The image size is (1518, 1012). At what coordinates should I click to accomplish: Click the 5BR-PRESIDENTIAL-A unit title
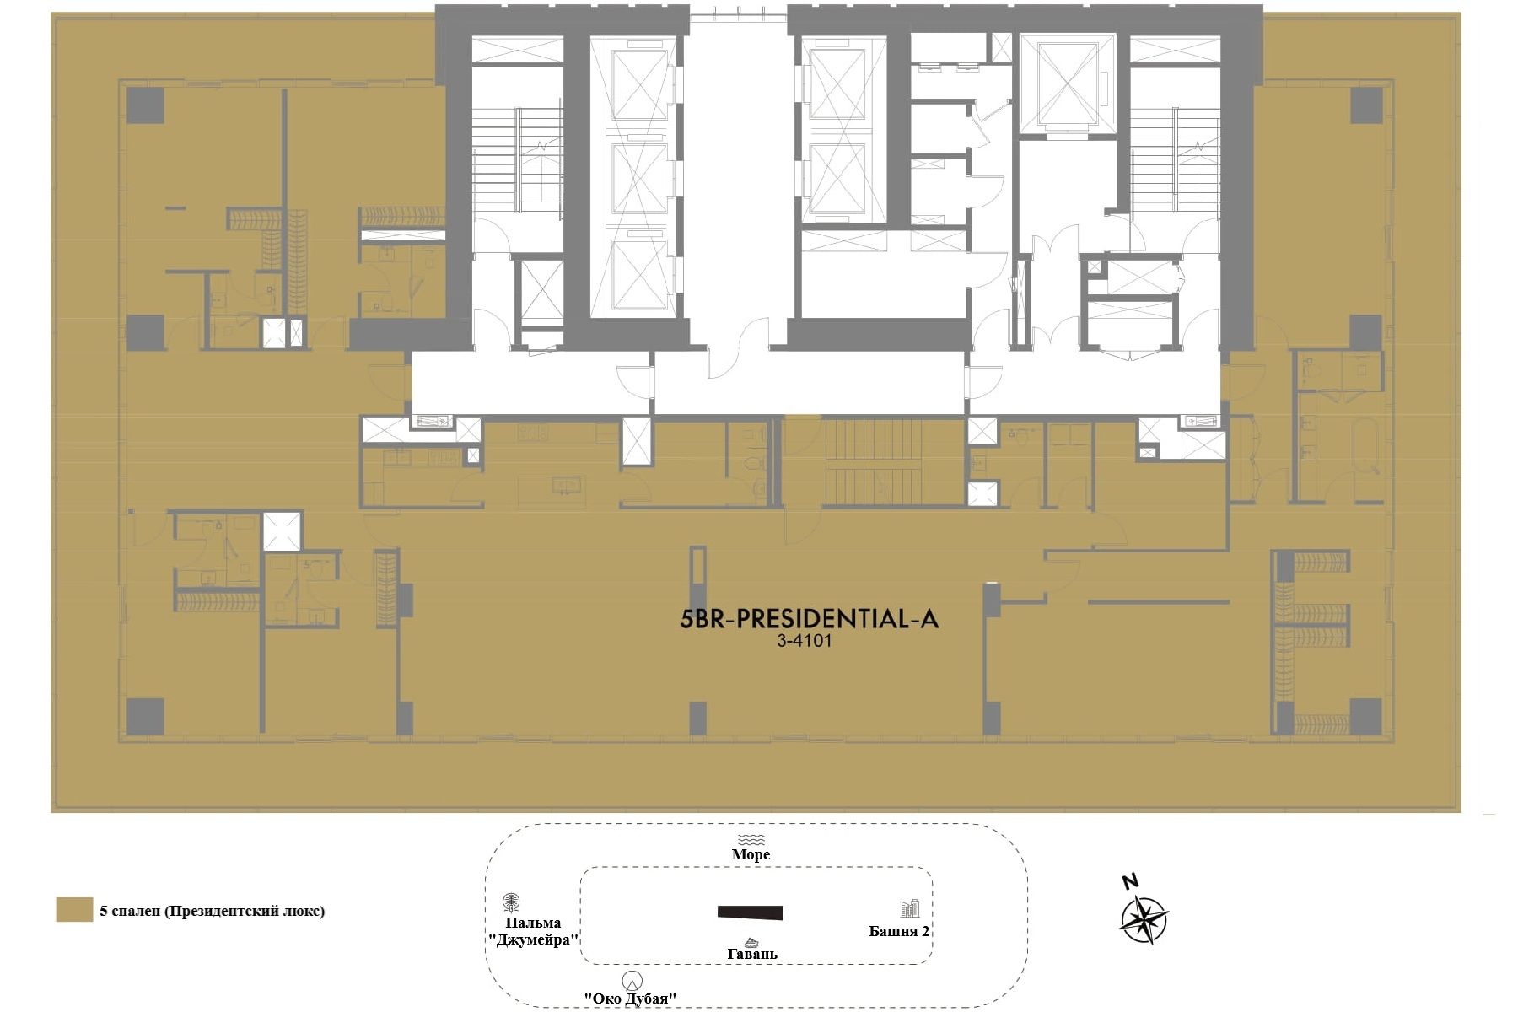[x=809, y=619]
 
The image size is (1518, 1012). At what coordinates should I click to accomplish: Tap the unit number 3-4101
[x=805, y=641]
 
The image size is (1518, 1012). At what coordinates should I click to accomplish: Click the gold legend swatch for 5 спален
[x=74, y=910]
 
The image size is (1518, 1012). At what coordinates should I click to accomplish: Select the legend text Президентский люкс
[x=245, y=911]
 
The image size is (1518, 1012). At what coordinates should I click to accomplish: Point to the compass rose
[x=1144, y=920]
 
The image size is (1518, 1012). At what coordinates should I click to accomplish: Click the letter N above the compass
[x=1131, y=882]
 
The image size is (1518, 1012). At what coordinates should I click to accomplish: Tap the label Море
[x=751, y=854]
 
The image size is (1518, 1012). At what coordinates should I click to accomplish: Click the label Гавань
[x=752, y=954]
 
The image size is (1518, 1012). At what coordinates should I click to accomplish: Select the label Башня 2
[x=899, y=931]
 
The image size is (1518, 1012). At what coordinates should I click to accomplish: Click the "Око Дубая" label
[x=631, y=999]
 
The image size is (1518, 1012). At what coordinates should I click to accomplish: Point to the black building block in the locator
[x=751, y=912]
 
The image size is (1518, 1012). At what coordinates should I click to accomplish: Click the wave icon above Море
[x=751, y=839]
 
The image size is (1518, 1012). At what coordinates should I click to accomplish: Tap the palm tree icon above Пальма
[x=511, y=903]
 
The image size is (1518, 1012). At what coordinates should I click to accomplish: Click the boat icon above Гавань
[x=751, y=942]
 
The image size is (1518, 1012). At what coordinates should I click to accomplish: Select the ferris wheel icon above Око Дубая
[x=632, y=981]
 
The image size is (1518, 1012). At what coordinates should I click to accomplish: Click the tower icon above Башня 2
[x=910, y=908]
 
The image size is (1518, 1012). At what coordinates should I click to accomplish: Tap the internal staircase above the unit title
[x=872, y=462]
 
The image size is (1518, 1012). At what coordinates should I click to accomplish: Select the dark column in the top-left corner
[x=145, y=105]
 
